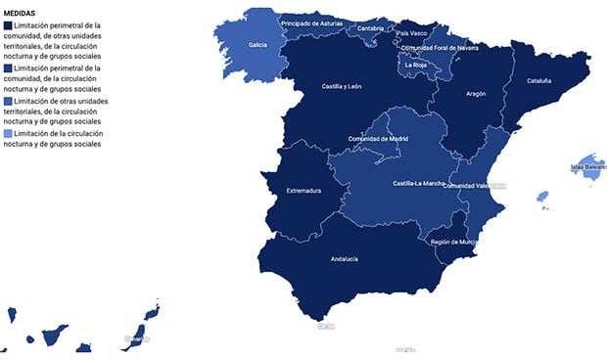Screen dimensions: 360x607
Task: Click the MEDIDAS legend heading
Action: tap(21, 13)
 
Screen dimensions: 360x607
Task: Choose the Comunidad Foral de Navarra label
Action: tap(440, 48)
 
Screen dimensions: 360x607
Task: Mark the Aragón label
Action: tap(476, 94)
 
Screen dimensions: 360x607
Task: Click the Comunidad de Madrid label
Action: tap(377, 139)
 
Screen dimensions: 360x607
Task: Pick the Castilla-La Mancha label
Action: tap(416, 184)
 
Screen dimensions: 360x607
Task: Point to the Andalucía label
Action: tap(345, 259)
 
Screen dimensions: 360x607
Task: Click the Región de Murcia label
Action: tap(455, 242)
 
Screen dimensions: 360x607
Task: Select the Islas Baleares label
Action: tap(588, 167)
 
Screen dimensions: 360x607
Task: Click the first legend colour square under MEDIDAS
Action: tap(10, 25)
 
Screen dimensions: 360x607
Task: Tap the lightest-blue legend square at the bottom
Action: tap(10, 133)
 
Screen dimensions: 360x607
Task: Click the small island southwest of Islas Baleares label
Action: tap(542, 197)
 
